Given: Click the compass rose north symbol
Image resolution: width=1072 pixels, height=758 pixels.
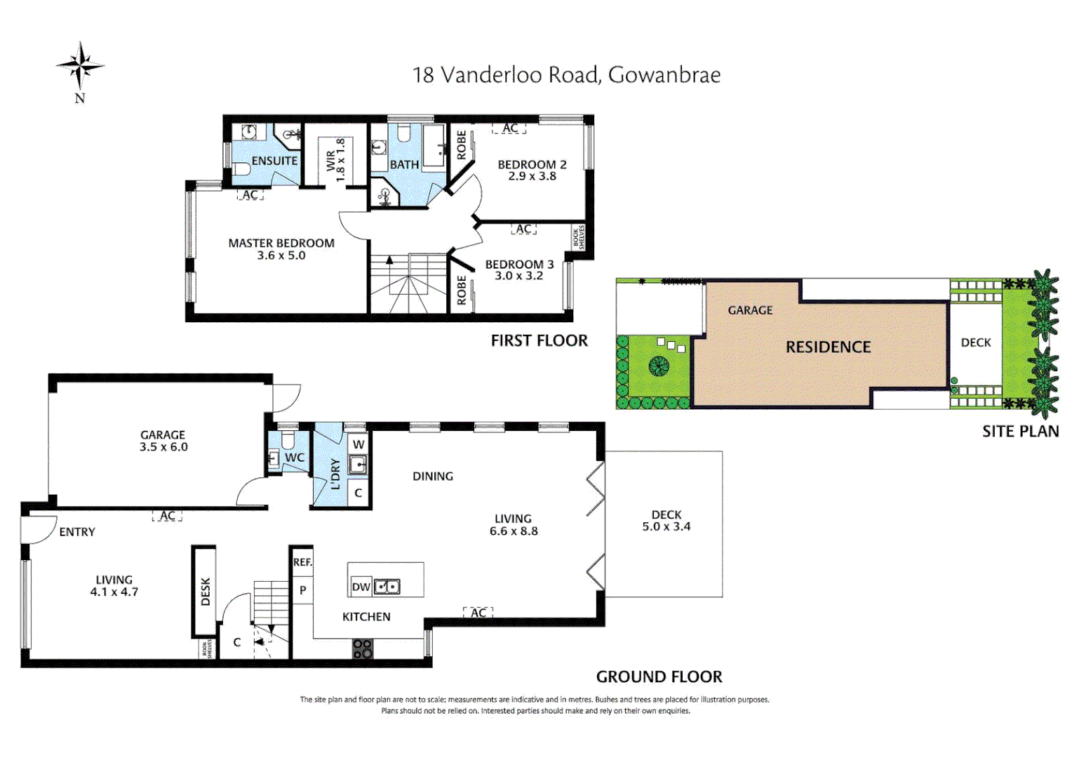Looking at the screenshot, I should pos(80,67).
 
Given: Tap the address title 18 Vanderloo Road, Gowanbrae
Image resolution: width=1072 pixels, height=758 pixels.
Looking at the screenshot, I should pos(566,75).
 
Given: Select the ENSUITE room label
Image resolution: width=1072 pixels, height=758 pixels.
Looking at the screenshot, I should pos(274,161).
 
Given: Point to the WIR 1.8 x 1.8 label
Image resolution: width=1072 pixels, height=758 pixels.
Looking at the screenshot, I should pos(335,160).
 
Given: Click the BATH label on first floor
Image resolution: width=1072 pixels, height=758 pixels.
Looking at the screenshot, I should pos(404,164).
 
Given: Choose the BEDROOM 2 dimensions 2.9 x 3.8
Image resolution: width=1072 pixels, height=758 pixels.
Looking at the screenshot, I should pos(532,176).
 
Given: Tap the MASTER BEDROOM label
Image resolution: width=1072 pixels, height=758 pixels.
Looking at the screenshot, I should pos(281,244).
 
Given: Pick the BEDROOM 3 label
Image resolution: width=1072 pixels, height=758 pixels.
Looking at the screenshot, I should pos(519,265).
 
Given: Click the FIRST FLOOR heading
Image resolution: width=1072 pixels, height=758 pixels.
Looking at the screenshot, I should pos(539,340).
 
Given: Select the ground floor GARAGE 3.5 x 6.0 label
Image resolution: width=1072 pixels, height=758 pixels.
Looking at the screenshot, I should pos(163,441).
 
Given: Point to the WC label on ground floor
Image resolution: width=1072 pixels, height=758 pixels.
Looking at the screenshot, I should pos(295,458).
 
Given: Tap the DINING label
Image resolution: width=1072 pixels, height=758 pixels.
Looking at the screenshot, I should pos(432,476).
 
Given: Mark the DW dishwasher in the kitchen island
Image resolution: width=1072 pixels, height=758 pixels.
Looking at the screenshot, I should pos(361,587).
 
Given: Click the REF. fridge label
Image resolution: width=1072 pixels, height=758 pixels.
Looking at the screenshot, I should pos(302,562).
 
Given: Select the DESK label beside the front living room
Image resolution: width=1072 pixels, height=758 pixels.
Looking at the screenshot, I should pos(205,592).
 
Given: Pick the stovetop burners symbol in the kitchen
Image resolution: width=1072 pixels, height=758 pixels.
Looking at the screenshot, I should pos(363,649).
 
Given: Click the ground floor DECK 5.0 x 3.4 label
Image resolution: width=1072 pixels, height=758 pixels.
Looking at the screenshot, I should pos(666,521).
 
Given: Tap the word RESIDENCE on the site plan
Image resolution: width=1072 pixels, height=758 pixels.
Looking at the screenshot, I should pos(828,347).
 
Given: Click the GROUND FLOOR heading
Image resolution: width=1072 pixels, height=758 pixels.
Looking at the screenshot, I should pos(659,677).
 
